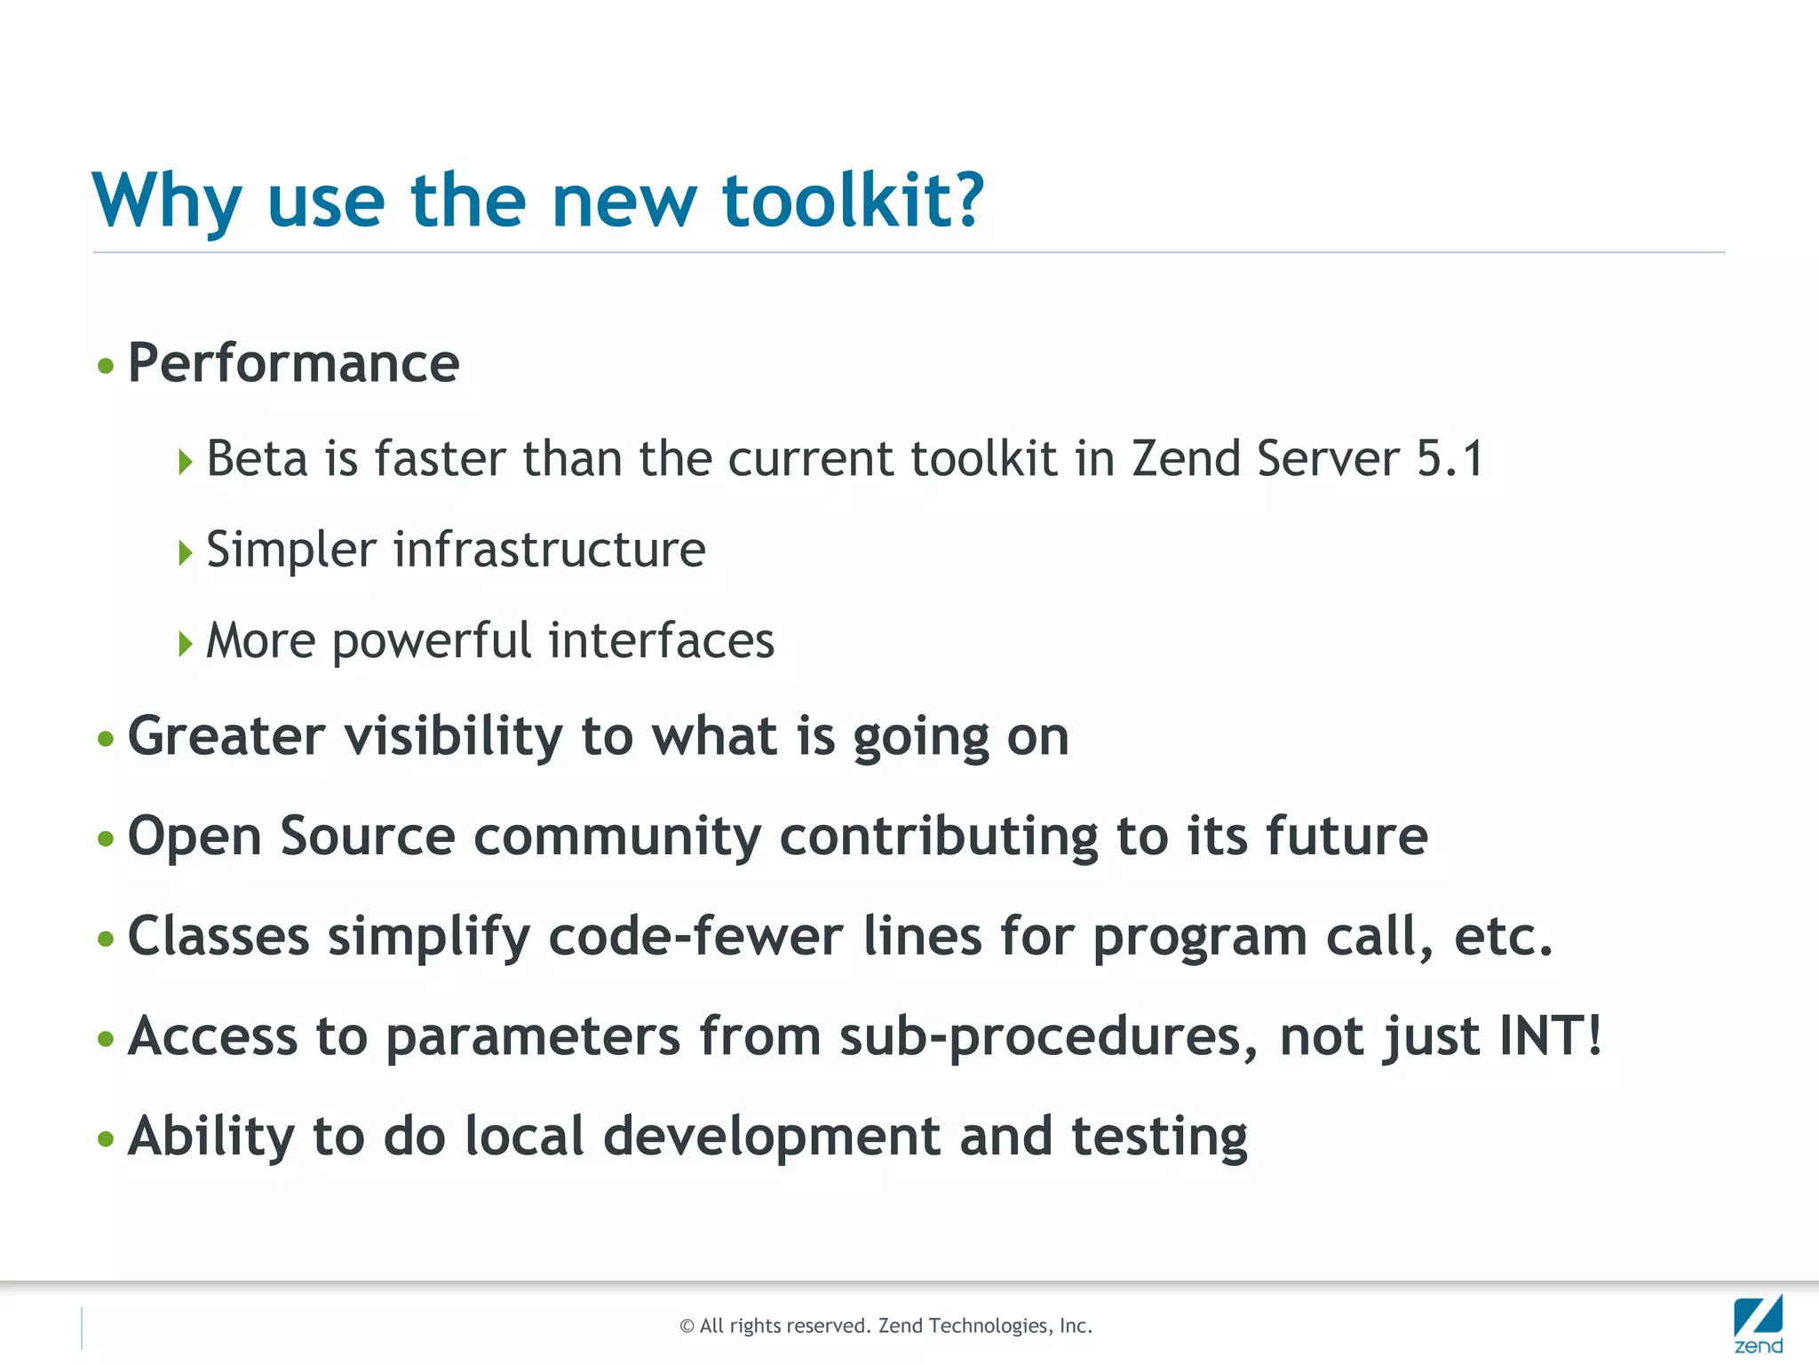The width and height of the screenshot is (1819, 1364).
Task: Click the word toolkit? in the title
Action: [853, 202]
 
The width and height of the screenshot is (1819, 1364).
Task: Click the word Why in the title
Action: [167, 202]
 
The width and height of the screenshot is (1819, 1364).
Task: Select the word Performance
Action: [293, 363]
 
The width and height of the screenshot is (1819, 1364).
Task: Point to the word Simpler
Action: [291, 550]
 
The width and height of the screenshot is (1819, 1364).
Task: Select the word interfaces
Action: [661, 640]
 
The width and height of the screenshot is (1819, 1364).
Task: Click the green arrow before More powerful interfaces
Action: [185, 643]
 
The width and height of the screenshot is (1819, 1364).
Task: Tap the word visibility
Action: [453, 737]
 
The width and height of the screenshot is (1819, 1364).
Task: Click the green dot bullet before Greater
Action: [106, 739]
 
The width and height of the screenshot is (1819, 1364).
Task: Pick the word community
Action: [617, 837]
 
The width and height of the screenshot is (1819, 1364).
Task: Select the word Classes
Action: [218, 937]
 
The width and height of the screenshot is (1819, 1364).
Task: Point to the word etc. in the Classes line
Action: [1503, 937]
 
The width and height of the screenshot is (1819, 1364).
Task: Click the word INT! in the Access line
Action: [1551, 1036]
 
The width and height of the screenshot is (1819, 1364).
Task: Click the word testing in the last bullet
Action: [1159, 1138]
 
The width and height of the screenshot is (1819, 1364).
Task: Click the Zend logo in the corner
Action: [1758, 1324]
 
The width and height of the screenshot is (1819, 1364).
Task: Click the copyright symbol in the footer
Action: [687, 1327]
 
